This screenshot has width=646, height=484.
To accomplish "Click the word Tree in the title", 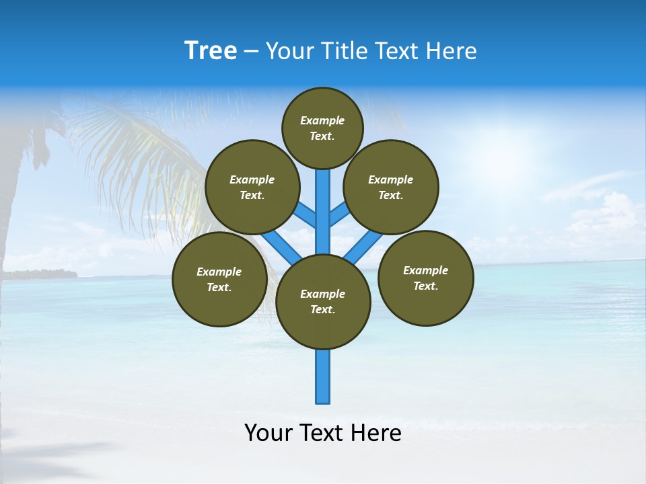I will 211,51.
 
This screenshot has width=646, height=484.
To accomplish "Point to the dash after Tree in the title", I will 251,52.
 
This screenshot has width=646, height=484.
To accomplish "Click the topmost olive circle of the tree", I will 322,128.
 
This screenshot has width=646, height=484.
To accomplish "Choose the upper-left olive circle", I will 252,187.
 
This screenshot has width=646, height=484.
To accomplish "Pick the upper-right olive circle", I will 390,187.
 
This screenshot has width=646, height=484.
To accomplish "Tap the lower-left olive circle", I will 219,279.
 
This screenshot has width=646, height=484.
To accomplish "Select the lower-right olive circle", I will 425,278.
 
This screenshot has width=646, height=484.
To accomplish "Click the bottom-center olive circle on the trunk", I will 323,301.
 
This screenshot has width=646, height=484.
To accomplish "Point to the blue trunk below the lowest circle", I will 323,376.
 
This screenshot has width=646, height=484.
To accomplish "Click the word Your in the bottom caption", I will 267,433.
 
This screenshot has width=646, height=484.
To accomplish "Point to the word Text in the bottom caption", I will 322,433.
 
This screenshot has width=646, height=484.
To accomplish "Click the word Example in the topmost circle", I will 322,120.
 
